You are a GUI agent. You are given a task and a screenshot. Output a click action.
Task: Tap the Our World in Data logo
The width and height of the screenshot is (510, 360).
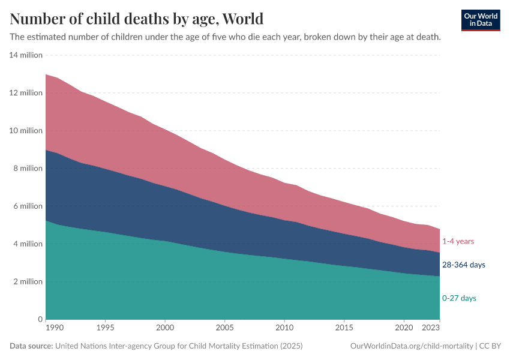[480, 20]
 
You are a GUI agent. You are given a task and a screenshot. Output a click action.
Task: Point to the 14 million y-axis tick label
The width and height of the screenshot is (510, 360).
[26, 55]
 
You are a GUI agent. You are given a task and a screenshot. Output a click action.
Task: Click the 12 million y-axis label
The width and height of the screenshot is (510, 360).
[26, 93]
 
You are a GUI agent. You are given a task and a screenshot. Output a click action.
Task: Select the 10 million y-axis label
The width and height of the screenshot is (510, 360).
[26, 131]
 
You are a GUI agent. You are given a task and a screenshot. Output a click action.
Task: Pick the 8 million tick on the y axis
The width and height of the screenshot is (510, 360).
[28, 169]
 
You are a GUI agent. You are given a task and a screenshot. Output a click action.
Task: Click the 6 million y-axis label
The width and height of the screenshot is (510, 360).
[28, 206]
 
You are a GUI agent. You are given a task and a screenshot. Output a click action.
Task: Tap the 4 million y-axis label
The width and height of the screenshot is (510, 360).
[28, 244]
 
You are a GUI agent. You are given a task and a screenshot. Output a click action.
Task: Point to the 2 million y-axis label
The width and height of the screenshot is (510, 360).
[28, 282]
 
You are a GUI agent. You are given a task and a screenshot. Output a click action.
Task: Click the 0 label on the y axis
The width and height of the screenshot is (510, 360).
[40, 319]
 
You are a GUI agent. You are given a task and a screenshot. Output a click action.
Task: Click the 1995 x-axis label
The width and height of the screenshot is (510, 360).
[105, 329]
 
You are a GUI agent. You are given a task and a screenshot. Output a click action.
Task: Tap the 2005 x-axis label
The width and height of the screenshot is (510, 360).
[224, 329]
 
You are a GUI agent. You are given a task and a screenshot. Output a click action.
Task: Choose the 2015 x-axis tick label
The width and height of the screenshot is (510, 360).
[344, 329]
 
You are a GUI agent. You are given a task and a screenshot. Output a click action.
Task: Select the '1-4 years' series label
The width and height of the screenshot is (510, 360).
[458, 241]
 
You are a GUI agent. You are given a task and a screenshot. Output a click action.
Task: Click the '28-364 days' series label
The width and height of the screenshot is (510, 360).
[464, 265]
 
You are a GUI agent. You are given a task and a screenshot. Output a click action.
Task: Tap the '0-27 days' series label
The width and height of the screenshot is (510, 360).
[460, 298]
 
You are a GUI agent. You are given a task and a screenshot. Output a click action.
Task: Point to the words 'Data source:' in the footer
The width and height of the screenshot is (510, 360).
[31, 346]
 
